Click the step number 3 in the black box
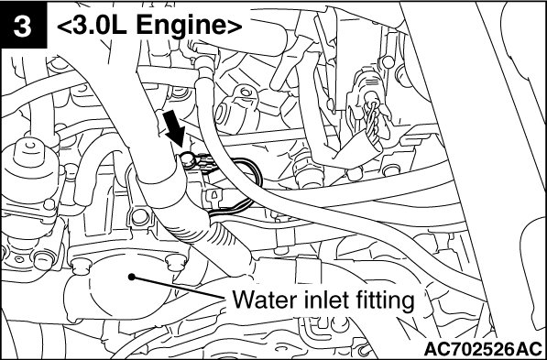[23, 26]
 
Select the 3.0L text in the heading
[99, 26]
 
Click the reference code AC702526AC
[483, 349]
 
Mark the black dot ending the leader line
[132, 277]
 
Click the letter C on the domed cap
[32, 145]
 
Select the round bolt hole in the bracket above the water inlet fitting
[140, 216]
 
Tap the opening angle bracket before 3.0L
[64, 27]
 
